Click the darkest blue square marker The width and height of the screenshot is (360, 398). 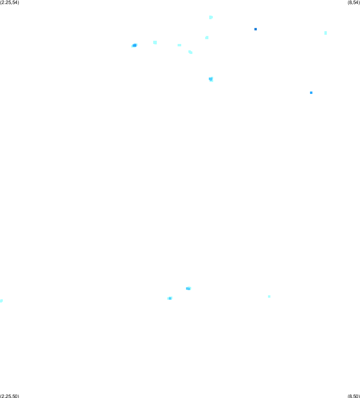[x=256, y=29]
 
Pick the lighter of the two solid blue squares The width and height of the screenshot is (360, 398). [x=311, y=93]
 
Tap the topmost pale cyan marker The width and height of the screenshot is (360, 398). [x=211, y=17]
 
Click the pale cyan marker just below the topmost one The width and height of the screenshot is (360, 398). [x=207, y=38]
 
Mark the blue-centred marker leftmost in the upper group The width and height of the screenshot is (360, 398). [x=134, y=46]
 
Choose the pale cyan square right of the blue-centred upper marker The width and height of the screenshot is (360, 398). [x=155, y=42]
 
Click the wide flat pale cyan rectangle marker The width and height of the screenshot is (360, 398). [x=179, y=45]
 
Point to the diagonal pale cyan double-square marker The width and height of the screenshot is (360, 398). [x=190, y=52]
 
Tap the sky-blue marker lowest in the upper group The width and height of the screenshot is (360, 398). [x=211, y=79]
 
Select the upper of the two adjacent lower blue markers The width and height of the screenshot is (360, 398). [x=188, y=289]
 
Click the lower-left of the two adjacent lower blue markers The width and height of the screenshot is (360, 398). [x=170, y=298]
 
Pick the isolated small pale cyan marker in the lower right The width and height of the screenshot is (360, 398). [x=269, y=297]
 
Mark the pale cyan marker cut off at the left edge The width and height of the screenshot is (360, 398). [x=1, y=301]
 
